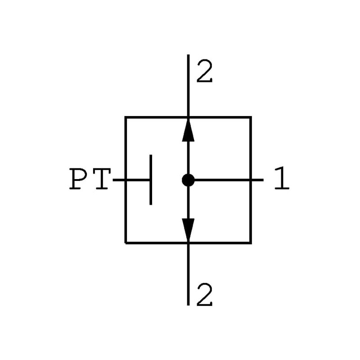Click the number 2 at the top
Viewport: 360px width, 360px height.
(x=204, y=72)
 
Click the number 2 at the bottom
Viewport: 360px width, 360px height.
(x=204, y=297)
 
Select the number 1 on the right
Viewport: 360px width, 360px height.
(x=281, y=180)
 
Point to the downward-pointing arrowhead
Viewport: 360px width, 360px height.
(x=188, y=229)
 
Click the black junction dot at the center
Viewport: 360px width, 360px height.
(x=188, y=180)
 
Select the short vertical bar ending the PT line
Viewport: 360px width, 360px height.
(x=151, y=180)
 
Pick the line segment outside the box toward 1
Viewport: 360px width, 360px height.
(x=257, y=180)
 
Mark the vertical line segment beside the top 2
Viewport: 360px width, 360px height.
(x=188, y=85)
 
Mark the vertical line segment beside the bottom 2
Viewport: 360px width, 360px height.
(x=188, y=274)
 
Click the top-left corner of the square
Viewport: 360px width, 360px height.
(x=126, y=117)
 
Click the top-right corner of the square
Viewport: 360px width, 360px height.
(x=251, y=117)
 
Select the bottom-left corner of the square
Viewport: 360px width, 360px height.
(x=126, y=243)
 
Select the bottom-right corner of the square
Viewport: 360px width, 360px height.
(x=251, y=243)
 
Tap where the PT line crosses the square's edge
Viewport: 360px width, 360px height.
(x=126, y=180)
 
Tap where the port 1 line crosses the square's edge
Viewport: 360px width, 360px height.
(x=251, y=180)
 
